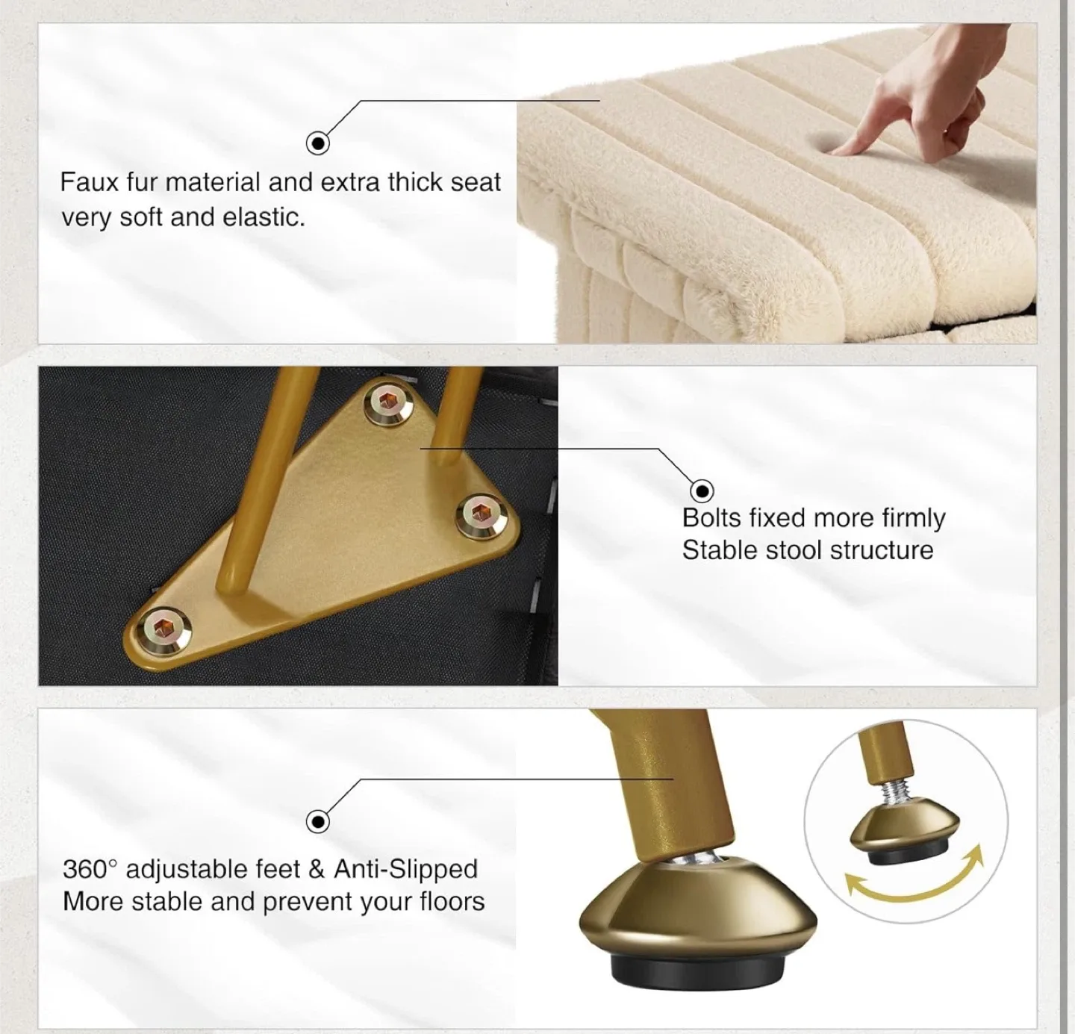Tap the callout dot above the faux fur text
tap(318, 143)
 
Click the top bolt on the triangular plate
tap(388, 403)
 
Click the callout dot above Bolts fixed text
tap(702, 490)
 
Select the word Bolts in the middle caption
tap(711, 517)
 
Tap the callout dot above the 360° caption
tap(318, 822)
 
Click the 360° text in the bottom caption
tap(90, 869)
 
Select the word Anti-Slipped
tap(405, 869)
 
